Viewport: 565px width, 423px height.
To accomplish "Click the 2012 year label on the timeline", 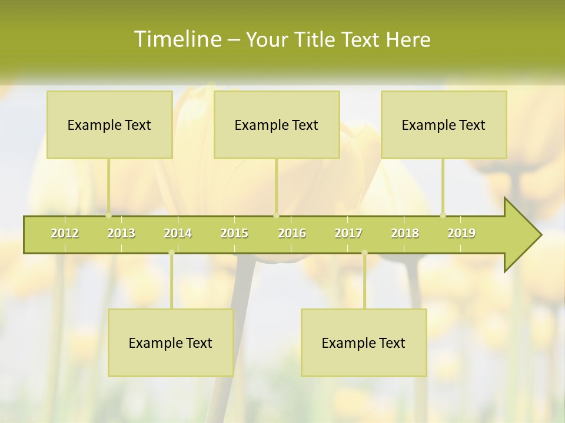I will click(x=65, y=233).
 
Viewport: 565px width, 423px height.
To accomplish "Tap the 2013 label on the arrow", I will click(x=121, y=233).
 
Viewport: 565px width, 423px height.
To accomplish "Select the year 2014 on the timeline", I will click(x=178, y=233).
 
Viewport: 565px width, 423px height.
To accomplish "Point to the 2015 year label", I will click(x=234, y=233).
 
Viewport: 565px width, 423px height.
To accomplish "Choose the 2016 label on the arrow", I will click(x=292, y=233).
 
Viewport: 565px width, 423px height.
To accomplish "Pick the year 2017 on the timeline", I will click(x=348, y=233).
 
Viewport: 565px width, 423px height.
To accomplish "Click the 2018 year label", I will click(x=405, y=233).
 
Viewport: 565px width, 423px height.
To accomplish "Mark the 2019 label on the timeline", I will click(x=461, y=233).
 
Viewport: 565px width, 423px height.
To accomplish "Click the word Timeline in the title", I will click(x=177, y=39).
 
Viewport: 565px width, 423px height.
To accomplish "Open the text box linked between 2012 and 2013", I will click(x=109, y=125).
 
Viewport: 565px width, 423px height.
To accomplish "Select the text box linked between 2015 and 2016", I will click(x=277, y=125).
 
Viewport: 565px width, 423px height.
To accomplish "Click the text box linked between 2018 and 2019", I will click(x=444, y=125).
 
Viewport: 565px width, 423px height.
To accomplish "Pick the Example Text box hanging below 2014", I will click(x=171, y=343).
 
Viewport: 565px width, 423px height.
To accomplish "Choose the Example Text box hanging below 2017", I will click(x=364, y=343).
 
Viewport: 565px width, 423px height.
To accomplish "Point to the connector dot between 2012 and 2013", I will click(x=109, y=215).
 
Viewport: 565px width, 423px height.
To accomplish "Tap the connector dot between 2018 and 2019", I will click(x=443, y=215).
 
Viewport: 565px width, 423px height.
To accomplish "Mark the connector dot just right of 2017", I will click(x=364, y=253).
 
